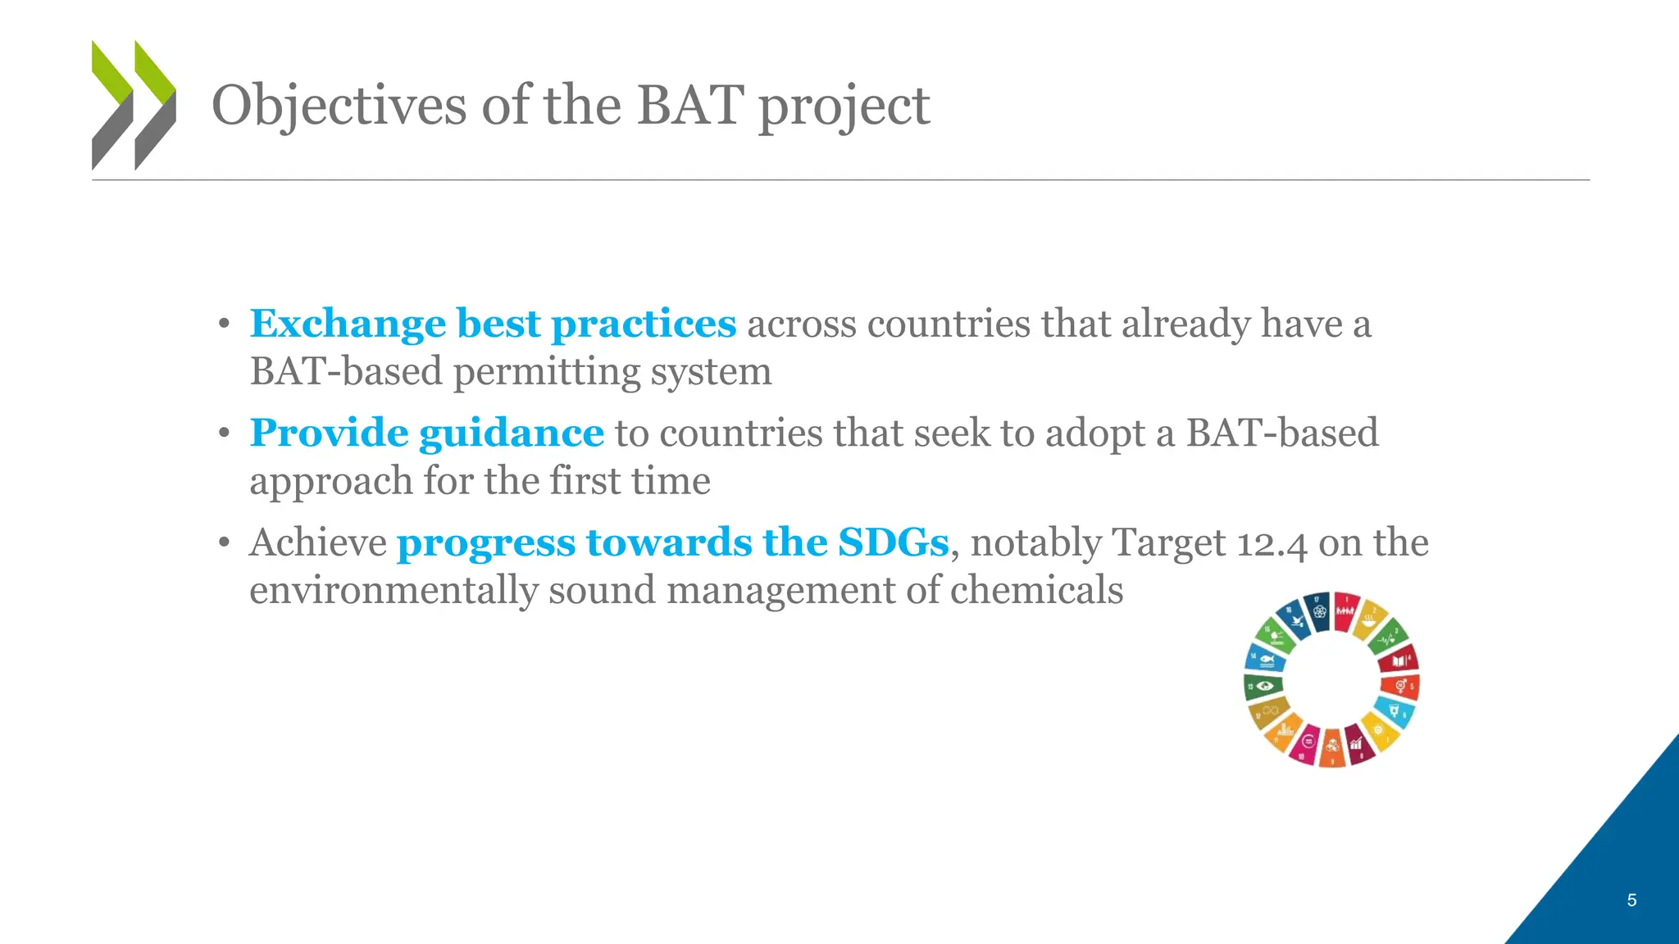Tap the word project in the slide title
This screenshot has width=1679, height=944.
coord(844,107)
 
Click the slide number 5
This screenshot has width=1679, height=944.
coord(1631,901)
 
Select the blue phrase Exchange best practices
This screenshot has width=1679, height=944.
coord(493,324)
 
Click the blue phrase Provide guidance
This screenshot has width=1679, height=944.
coord(426,433)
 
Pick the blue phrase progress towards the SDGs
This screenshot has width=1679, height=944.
coord(672,542)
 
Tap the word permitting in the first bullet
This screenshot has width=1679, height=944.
coord(546,372)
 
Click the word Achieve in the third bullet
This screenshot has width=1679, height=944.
coord(318,542)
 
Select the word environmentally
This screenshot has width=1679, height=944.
coord(394,590)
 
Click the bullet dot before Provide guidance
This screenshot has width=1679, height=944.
coord(224,433)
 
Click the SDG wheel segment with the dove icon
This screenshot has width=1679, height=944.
coord(1295,624)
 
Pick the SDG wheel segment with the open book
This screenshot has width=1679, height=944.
coord(1399,658)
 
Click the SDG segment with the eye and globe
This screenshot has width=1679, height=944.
coord(1263,686)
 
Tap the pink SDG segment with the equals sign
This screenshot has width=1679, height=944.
coord(1307,742)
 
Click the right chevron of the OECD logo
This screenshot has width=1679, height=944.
coord(155,105)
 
